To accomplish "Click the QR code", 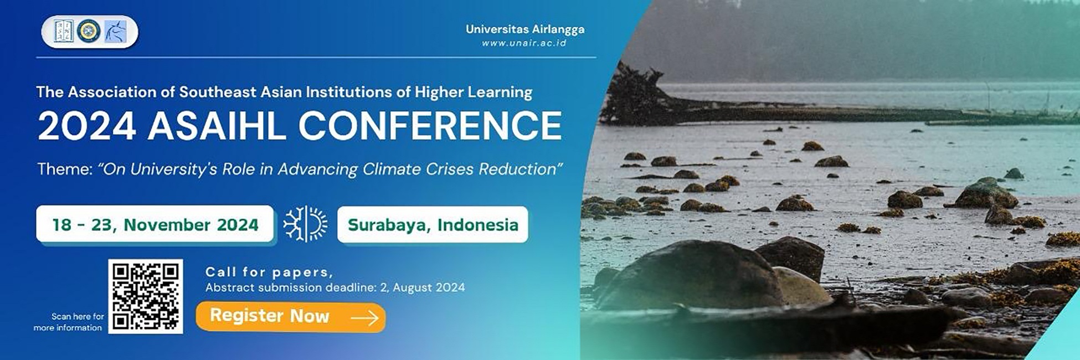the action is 146,296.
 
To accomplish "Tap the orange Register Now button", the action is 291,317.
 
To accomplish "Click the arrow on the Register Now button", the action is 364,317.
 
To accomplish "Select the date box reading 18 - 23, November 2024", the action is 155,224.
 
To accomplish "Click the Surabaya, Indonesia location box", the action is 433,224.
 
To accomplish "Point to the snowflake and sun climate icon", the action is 305,224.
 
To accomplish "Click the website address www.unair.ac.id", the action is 524,43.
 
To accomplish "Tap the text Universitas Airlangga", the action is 525,29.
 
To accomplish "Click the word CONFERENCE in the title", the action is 430,125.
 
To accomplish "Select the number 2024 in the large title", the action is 86,125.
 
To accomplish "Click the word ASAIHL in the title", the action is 217,125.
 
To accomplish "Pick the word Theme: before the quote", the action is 65,169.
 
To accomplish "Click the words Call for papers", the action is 269,272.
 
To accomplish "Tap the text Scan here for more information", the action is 69,322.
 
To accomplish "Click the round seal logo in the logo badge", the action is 89,31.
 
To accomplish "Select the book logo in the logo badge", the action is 64,31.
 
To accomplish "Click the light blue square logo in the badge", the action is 115,31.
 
